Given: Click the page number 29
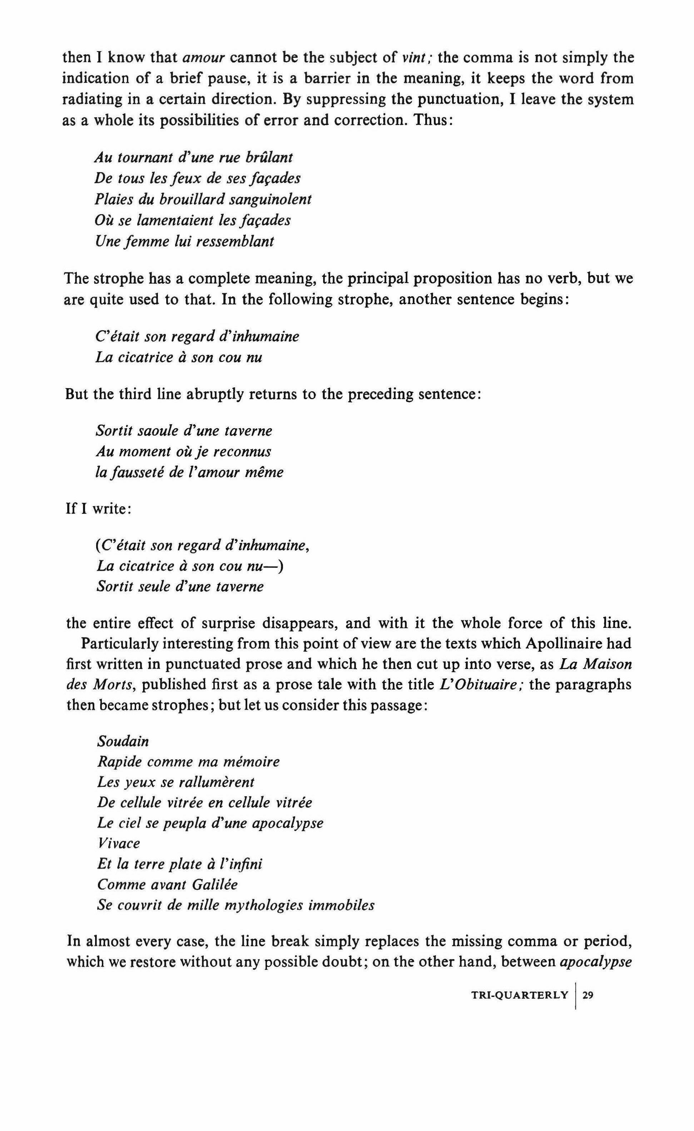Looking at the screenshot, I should pyautogui.click(x=588, y=996).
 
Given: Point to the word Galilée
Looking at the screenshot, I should pyautogui.click(x=214, y=884).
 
